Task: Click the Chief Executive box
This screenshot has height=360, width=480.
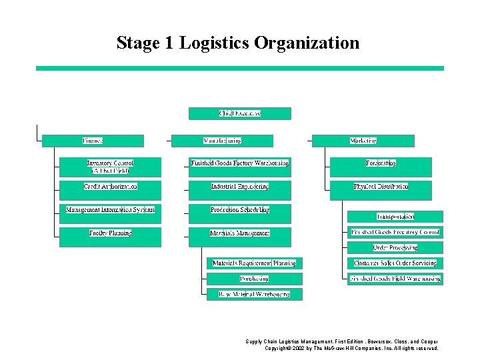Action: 240,113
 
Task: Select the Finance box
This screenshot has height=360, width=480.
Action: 93,141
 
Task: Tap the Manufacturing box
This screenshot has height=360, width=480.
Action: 222,141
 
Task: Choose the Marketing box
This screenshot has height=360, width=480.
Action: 363,141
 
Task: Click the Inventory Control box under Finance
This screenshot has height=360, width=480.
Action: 110,167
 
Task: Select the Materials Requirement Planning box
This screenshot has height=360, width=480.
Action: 254,263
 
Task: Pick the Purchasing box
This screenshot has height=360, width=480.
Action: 254,279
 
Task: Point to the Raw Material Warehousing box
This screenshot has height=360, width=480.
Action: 254,294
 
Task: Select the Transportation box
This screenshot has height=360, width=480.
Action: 395,217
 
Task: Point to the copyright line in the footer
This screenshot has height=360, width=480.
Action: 351,348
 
